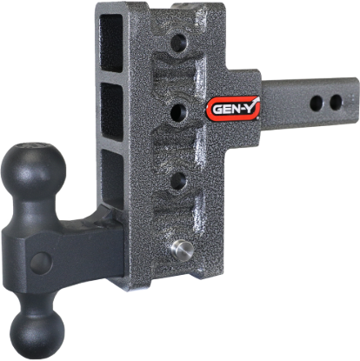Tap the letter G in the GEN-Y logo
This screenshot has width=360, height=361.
pos(215,110)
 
